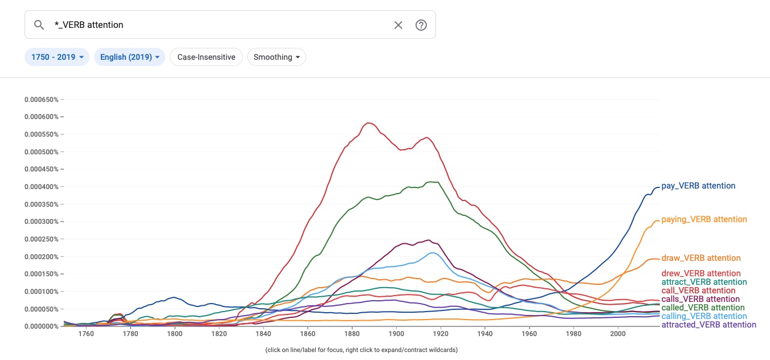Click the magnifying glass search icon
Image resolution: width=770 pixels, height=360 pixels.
point(39,25)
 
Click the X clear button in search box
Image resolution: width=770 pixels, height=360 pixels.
point(398,25)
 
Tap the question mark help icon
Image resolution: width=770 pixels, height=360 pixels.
point(421,25)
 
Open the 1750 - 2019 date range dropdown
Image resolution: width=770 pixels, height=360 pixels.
point(57,57)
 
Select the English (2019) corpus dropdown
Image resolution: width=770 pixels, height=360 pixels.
point(129,57)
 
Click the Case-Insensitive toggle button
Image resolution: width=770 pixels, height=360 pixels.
point(206,57)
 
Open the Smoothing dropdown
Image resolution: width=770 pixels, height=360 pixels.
point(276,57)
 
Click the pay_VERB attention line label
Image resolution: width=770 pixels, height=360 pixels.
point(698,186)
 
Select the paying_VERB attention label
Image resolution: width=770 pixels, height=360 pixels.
point(704,219)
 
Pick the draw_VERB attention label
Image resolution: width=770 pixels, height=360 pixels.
point(701,258)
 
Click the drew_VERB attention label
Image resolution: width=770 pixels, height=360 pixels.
point(701,273)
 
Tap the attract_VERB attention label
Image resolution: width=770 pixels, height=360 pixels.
point(704,282)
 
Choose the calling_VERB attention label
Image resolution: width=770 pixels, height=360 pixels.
point(704,316)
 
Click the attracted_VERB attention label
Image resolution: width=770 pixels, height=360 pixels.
point(708,325)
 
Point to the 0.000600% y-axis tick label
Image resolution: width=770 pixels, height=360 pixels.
point(41,117)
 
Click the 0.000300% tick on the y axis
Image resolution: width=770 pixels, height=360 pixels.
point(41,222)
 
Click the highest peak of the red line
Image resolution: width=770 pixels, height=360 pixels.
point(369,122)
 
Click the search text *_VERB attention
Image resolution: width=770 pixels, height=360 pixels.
point(93,25)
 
